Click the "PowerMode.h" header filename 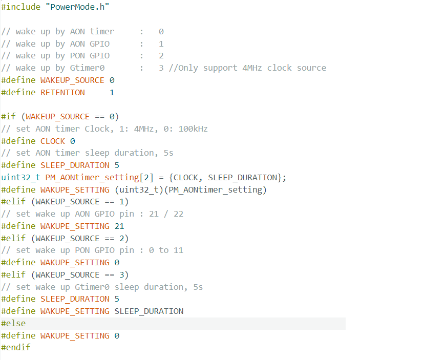click(x=79, y=7)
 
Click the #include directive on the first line click(x=20, y=7)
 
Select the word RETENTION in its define click(x=62, y=92)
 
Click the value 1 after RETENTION click(x=112, y=92)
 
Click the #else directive click(x=13, y=323)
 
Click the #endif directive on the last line click(x=16, y=347)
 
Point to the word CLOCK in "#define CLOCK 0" click(x=53, y=141)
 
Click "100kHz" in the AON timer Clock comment click(x=193, y=129)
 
